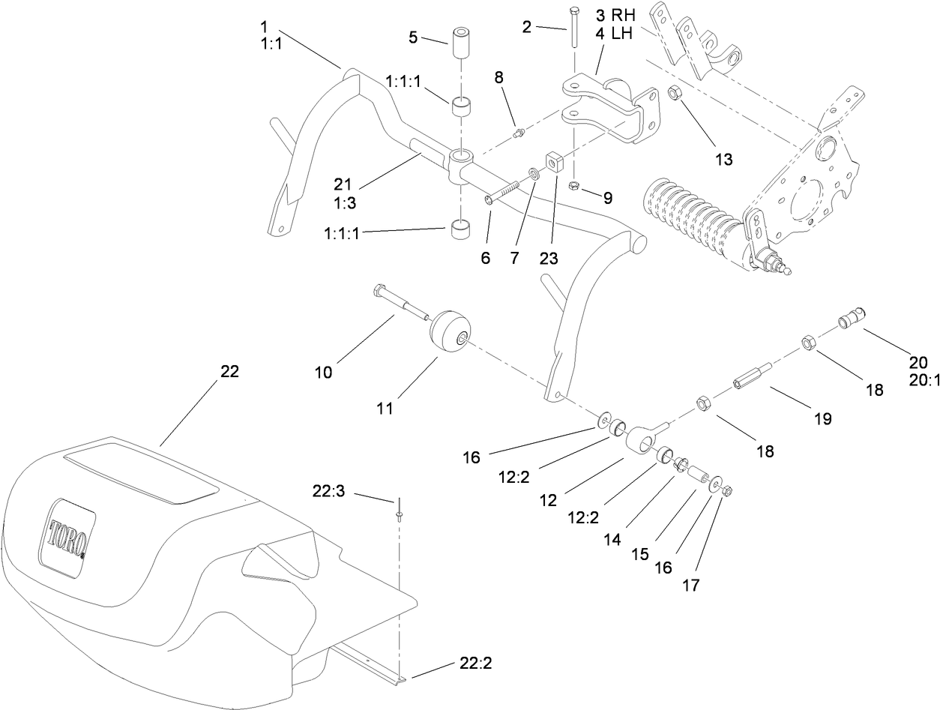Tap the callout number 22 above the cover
click(x=229, y=372)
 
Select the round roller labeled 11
click(x=450, y=331)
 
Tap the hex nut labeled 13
click(x=673, y=95)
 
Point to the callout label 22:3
click(x=328, y=492)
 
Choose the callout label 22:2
click(x=474, y=664)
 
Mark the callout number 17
click(x=690, y=585)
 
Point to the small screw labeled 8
click(x=518, y=133)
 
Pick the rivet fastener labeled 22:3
click(x=399, y=511)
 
